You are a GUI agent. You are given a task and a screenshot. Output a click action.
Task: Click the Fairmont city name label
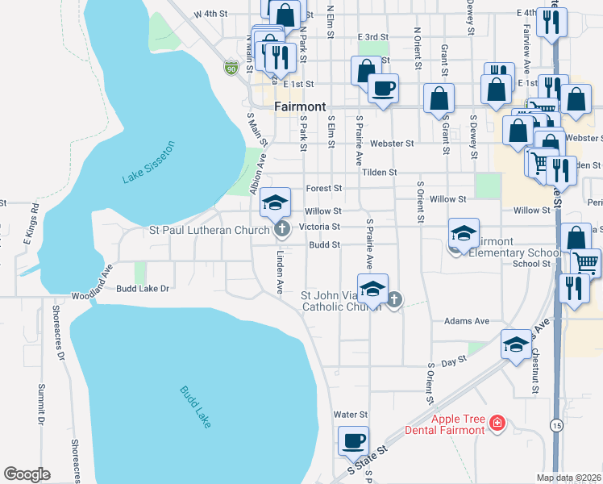coord(300,106)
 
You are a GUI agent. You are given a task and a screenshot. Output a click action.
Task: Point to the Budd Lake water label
coord(195,405)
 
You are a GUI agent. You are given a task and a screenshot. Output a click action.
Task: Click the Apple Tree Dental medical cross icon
coord(498,423)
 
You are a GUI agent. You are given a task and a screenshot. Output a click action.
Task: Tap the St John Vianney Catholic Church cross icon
coord(394,302)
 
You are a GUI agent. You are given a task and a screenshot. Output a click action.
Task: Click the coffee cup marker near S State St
coord(353,441)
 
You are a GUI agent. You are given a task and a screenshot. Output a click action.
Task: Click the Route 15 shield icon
coord(556,424)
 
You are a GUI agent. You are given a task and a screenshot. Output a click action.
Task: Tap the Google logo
coord(27,474)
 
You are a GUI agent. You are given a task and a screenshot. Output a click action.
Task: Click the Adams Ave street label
coord(467,321)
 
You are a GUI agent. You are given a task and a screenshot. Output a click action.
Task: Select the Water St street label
coord(351,415)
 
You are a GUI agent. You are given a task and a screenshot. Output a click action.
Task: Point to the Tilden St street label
coord(380,173)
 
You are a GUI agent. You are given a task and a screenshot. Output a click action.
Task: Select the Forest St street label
coord(324,188)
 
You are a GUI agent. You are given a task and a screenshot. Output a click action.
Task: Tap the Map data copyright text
coord(569,478)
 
